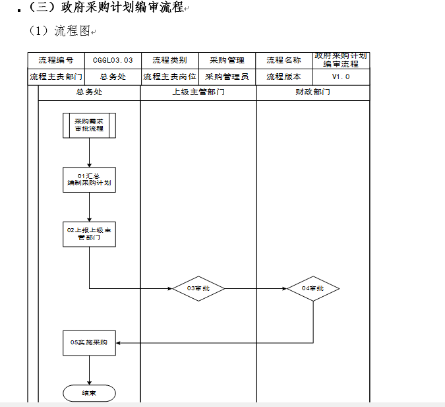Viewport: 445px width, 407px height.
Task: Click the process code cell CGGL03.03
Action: [113, 61]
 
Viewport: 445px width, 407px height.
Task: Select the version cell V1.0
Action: [341, 77]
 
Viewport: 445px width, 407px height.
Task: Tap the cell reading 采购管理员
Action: [227, 77]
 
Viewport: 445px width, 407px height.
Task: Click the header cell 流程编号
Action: [56, 61]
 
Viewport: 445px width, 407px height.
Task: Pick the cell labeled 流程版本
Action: [283, 77]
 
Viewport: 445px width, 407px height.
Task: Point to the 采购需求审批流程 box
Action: [89, 125]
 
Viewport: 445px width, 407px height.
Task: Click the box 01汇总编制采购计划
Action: [89, 180]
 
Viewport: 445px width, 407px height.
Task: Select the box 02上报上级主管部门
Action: [89, 234]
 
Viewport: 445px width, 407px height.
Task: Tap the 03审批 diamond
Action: [198, 288]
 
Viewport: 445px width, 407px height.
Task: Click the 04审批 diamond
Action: [313, 288]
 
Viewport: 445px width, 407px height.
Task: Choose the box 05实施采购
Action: [89, 343]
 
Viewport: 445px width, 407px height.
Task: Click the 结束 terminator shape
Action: [89, 393]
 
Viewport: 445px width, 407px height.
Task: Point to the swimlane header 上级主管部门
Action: [198, 92]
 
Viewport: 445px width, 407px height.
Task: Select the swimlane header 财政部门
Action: [313, 92]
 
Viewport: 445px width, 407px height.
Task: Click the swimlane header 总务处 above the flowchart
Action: [89, 92]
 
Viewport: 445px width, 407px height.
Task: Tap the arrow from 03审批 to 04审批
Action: [256, 288]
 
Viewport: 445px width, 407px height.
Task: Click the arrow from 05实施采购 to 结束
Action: [89, 370]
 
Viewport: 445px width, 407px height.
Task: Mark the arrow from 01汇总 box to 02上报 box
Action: [89, 207]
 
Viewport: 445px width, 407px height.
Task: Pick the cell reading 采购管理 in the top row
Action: [227, 61]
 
